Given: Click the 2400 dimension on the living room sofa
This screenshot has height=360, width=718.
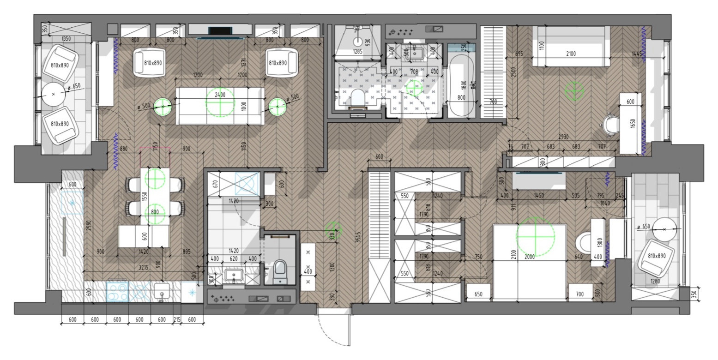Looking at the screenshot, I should point(220,95).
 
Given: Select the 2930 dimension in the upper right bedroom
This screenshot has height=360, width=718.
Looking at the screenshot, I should point(563,137).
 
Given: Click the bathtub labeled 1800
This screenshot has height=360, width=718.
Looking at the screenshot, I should point(462,85).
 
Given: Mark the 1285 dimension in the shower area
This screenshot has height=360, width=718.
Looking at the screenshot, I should point(357,52).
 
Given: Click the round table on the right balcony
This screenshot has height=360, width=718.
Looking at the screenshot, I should point(664,229).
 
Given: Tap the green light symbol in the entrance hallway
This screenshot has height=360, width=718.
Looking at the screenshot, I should point(333,229).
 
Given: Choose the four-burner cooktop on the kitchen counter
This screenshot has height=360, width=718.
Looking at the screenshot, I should point(118,292).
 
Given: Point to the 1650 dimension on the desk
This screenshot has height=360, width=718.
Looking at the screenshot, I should point(633,124).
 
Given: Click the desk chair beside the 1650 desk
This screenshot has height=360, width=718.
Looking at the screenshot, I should point(611,124).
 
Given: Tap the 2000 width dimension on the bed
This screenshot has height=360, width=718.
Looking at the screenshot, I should point(529,257).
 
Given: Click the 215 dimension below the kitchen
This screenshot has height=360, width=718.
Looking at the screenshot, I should point(176,320).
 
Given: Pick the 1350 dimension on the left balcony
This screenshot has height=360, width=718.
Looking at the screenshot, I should point(66,39).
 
